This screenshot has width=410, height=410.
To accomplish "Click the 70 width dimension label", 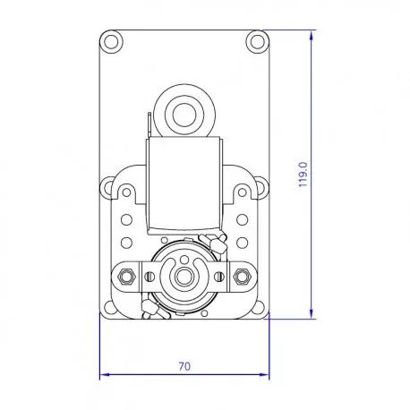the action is (x=184, y=366).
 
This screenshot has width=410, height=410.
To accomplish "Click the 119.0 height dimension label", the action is (x=303, y=175).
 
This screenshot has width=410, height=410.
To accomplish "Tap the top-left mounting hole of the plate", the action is (x=111, y=41).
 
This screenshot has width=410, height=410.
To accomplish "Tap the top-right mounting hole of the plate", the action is (x=258, y=41).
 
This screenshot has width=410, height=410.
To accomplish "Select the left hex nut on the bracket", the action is (x=125, y=276).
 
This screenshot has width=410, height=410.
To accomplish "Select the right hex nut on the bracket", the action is (x=241, y=276).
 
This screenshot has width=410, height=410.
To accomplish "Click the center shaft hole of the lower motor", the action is (x=184, y=277).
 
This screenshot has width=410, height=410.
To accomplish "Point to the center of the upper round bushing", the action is (x=184, y=115).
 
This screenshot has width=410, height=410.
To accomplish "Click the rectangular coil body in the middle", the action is (x=184, y=185).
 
